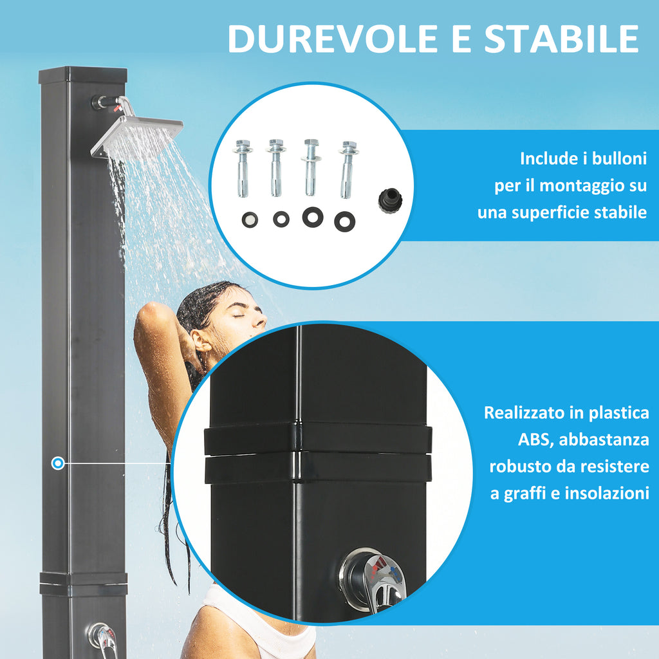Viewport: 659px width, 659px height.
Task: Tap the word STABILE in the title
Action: [562, 39]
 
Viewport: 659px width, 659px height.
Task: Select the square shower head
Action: [137, 135]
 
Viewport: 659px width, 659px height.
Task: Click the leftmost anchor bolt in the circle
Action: [243, 168]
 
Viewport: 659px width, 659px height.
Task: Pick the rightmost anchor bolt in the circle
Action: [348, 169]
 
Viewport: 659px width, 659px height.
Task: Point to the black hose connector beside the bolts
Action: [391, 201]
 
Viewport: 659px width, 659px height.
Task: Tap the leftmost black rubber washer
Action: [250, 220]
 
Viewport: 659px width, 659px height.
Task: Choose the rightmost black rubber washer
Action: [345, 221]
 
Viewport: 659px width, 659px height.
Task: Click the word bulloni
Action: [619, 158]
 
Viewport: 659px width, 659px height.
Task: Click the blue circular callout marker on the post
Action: [58, 463]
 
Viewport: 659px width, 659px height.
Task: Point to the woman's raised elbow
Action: [148, 313]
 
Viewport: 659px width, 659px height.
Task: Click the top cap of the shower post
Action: [83, 75]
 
